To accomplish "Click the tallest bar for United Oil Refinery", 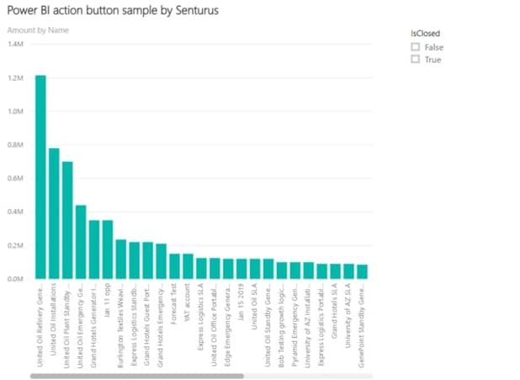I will pos(40,177).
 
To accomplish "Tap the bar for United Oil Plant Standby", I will pos(67,220).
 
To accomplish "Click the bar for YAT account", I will pos(188,266).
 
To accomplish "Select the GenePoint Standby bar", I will pos(363,271).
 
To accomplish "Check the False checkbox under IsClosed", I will pos(415,47).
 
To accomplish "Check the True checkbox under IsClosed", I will pos(415,60).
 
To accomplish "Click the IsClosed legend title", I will pos(426,33).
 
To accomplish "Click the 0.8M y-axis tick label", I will pos(14,144).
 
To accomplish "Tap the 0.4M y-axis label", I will pos(14,211).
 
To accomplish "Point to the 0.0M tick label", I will pos(14,279).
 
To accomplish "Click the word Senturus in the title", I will pos(205,11).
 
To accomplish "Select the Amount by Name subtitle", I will pos(38,30).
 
